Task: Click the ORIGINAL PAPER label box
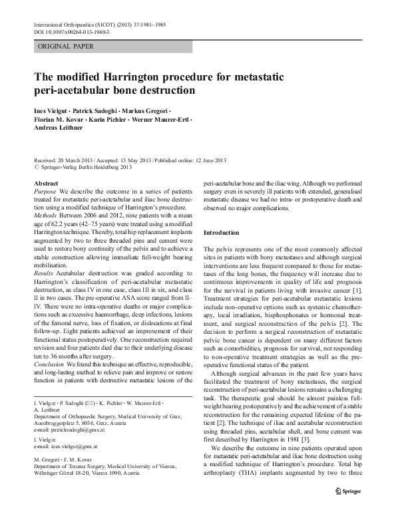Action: tap(66, 47)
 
